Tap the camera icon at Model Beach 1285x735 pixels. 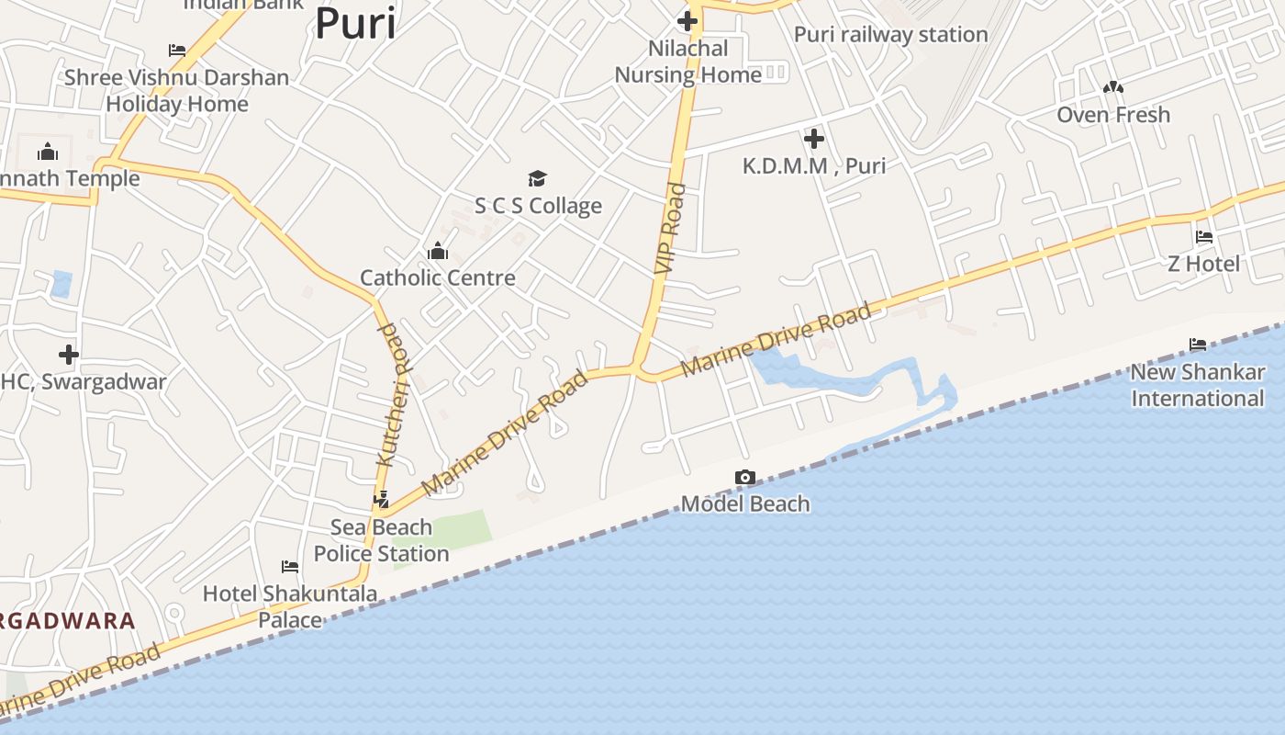pos(745,477)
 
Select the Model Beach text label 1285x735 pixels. pos(745,503)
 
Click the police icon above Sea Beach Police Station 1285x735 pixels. pos(382,500)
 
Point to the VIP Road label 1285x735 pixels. pos(671,229)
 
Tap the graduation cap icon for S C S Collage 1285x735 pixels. pos(537,178)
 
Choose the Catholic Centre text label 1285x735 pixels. pos(437,277)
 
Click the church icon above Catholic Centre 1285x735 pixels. pos(438,251)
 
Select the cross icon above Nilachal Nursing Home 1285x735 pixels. pos(687,20)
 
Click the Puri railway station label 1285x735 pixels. pos(890,35)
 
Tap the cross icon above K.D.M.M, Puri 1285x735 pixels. pos(813,139)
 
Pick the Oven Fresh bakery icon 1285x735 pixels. pos(1113,87)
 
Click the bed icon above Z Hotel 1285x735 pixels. pos(1204,237)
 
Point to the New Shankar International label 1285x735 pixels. pos(1197,385)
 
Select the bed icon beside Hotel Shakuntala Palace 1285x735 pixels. pos(290,566)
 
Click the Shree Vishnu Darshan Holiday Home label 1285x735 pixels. pos(176,90)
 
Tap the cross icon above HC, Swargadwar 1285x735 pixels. pos(68,354)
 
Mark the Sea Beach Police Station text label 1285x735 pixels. pos(381,540)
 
